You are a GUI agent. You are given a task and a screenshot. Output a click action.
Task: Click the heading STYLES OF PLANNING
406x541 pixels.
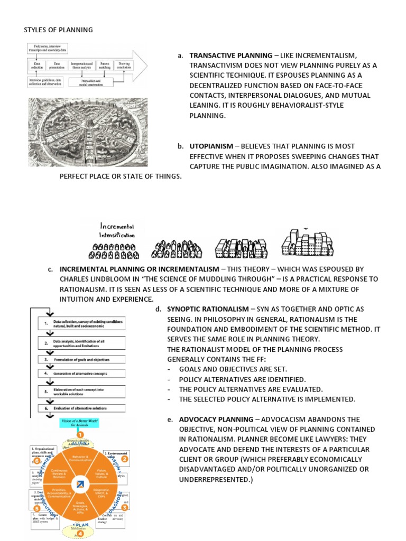click(58, 30)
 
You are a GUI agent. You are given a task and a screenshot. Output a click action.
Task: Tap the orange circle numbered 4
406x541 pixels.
click(80, 534)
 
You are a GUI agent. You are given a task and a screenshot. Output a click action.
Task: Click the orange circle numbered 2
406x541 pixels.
click(125, 459)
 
